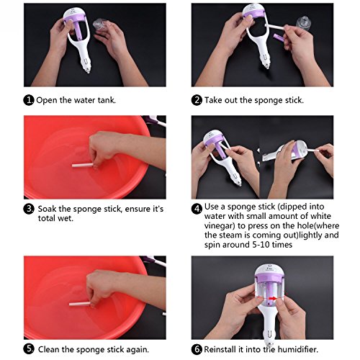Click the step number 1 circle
[x=29, y=100]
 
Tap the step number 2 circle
[x=197, y=100]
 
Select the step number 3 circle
[x=29, y=209]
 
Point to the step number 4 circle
[x=197, y=209]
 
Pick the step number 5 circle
[x=29, y=349]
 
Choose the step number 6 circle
[x=197, y=349]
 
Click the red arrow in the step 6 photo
[x=272, y=299]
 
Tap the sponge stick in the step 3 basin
[x=83, y=165]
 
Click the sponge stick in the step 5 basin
[x=80, y=304]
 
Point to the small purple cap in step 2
[x=279, y=37]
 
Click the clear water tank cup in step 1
[x=101, y=25]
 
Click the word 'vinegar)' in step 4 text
[x=220, y=226]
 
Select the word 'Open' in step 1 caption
[x=47, y=100]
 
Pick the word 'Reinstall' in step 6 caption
[x=220, y=349]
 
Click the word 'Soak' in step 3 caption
[x=47, y=209]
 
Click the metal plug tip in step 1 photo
[x=89, y=71]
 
